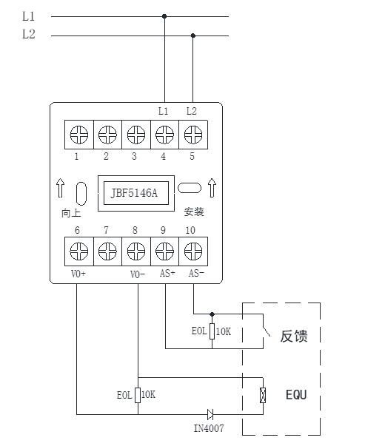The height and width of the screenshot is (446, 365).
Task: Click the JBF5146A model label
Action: pos(134,193)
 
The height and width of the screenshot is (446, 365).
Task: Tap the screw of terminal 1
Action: pos(79,135)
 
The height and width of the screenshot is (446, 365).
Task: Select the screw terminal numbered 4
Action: pos(164,135)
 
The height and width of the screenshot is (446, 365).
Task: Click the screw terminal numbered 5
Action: pos(193,135)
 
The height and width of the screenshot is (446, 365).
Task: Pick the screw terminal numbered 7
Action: pos(107,251)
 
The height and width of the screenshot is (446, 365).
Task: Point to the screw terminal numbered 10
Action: pos(193,251)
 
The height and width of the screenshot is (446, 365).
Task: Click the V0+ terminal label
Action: pos(78,274)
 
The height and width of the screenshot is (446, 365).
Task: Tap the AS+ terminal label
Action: pos(167,273)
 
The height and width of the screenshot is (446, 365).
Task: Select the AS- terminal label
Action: pos(196,273)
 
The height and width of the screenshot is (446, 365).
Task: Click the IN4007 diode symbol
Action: pos(210,414)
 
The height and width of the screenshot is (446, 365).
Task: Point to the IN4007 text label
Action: pos(209,428)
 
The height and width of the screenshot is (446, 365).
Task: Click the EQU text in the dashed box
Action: pos(296,395)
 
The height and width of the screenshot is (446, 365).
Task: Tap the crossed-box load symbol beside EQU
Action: pos(263,396)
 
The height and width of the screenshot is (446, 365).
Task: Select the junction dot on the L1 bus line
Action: pos(164,16)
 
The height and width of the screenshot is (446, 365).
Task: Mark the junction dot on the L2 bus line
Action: pos(193,36)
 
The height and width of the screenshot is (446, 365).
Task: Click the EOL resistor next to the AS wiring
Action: pos(212,331)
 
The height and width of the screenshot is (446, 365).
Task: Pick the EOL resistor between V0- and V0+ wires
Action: pos(138,395)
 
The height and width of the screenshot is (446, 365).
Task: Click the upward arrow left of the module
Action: pos(60,188)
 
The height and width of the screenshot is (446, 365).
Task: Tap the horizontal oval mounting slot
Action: pos(190,188)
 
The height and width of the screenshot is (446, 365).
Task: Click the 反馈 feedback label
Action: pos(294,337)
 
